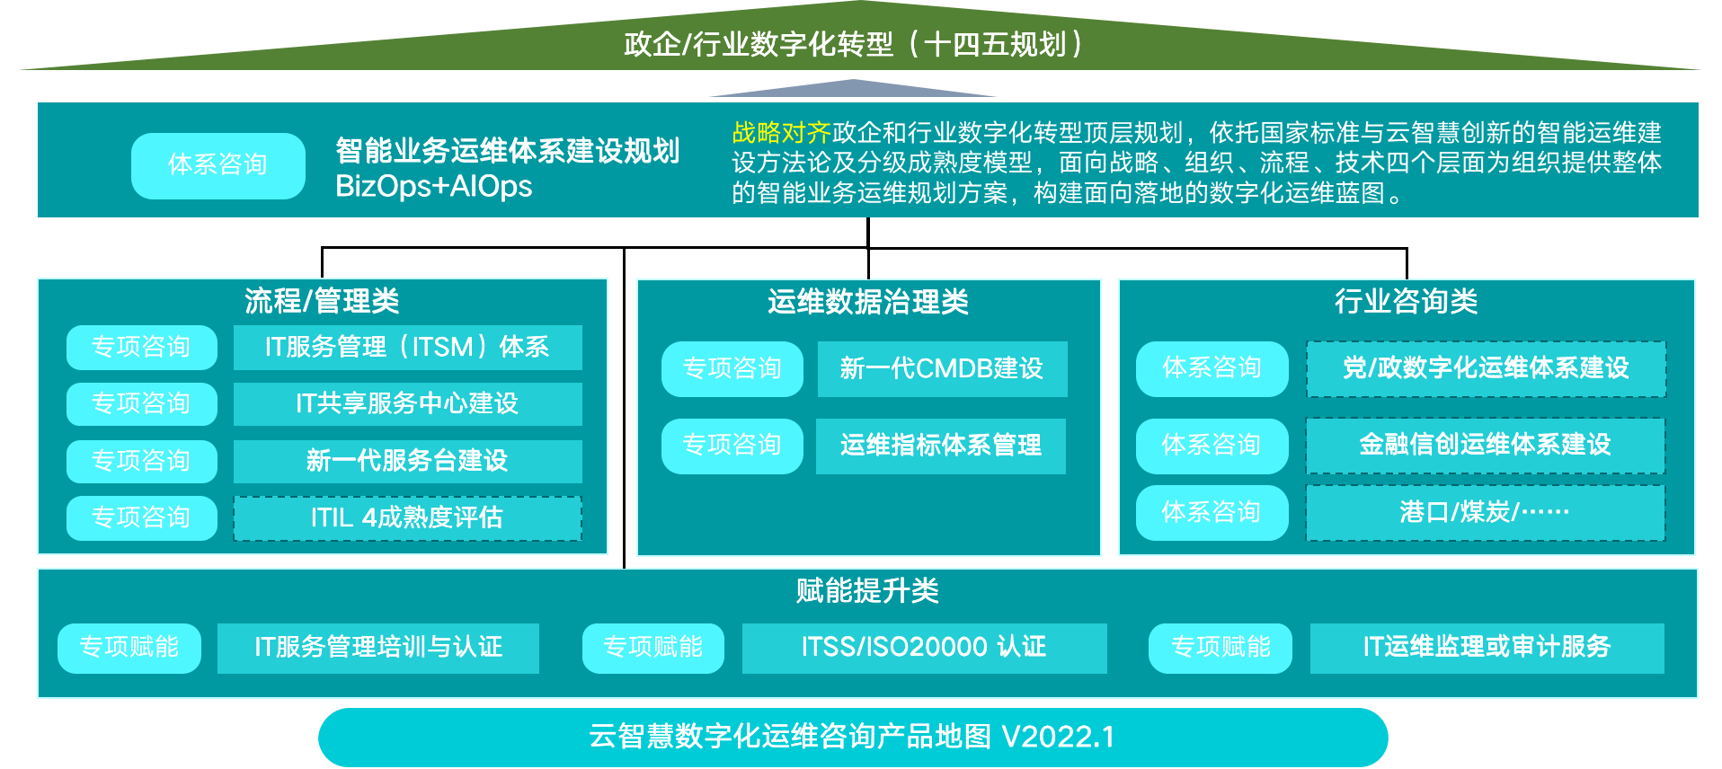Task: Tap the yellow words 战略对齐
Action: (781, 133)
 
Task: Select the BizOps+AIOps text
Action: (433, 187)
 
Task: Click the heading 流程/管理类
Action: (322, 301)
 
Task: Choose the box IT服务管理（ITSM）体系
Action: (407, 348)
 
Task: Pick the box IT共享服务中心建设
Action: (407, 404)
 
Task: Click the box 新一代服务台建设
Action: (407, 461)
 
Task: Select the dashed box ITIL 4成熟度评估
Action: (407, 518)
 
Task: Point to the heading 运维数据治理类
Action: (868, 302)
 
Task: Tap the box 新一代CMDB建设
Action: (942, 368)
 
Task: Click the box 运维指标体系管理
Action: (940, 446)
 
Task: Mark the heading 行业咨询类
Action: (1407, 301)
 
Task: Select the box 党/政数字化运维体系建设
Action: (1486, 368)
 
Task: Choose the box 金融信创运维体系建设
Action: (1485, 445)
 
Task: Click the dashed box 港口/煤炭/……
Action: (1485, 513)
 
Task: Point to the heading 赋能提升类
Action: (867, 591)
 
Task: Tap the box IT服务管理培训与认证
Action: (378, 648)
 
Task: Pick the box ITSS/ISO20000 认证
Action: (924, 648)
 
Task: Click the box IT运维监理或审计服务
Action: (1487, 648)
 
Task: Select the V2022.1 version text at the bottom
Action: (1058, 738)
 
